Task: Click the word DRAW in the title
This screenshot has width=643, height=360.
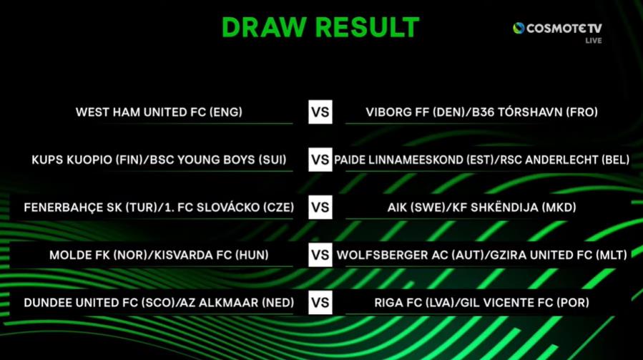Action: tap(264, 27)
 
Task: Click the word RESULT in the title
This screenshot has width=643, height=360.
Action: tap(368, 27)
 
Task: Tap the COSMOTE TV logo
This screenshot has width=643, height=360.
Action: tap(557, 29)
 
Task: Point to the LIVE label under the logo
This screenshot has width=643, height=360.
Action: tap(594, 41)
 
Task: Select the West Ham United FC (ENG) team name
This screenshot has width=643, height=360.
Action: tap(159, 112)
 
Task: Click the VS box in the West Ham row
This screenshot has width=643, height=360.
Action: tap(320, 112)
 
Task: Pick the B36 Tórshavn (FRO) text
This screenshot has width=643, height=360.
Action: tap(535, 112)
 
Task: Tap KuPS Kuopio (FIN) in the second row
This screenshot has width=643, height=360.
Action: tap(86, 160)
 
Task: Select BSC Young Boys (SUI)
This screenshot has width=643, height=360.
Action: tap(218, 160)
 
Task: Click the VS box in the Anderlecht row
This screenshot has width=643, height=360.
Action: tap(320, 160)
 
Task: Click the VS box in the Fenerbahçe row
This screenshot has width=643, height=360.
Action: tap(320, 208)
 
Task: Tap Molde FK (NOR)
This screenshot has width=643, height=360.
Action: tap(98, 255)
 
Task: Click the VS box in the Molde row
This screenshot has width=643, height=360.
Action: tap(320, 255)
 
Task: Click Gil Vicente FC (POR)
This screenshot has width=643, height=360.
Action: tap(525, 303)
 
